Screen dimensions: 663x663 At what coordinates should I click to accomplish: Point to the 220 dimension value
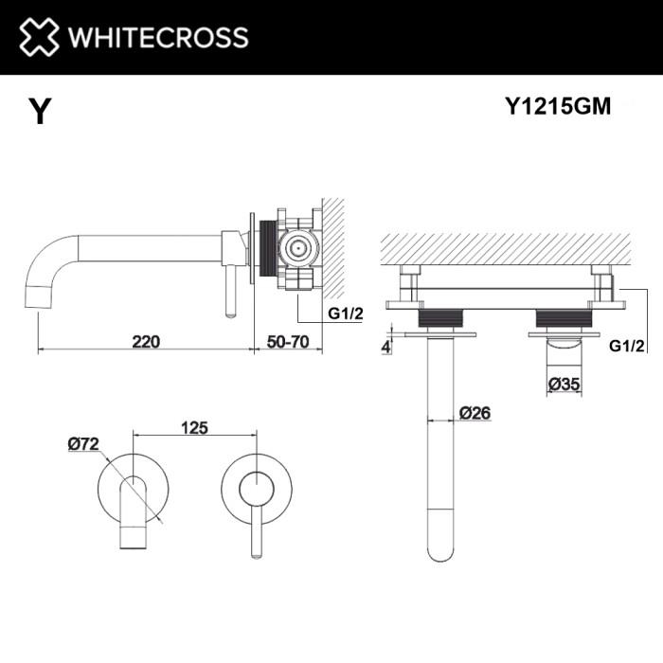tap(146, 341)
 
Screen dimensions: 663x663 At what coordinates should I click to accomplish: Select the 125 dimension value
tap(194, 428)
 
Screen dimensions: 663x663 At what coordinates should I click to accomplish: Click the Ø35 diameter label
tap(565, 383)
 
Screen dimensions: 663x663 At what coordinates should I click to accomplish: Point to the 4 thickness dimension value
tap(386, 347)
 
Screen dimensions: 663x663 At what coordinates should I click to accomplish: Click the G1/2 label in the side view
tap(346, 314)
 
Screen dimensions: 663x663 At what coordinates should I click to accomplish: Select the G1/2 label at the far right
tap(627, 347)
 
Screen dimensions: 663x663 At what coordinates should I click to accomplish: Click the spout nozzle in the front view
tap(134, 536)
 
